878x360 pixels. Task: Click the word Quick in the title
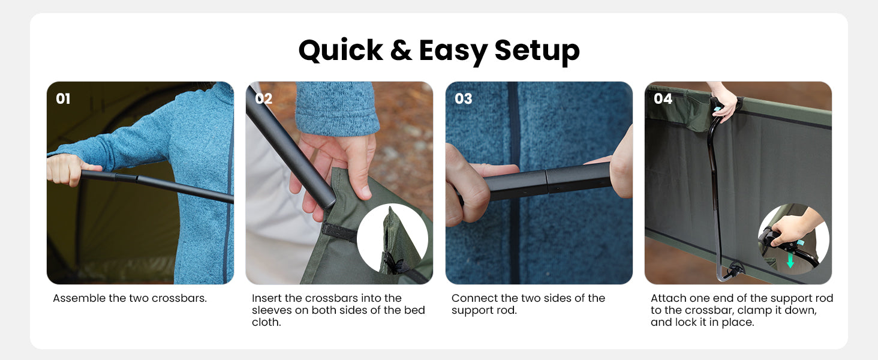point(341,51)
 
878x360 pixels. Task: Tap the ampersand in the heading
point(401,50)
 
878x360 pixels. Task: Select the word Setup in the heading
point(537,52)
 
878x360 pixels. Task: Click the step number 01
point(63,98)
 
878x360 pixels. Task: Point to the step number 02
point(263,98)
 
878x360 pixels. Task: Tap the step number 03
point(464,98)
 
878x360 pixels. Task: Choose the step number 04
point(663,98)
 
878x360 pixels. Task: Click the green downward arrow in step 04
point(790,260)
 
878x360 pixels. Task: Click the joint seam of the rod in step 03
point(546,182)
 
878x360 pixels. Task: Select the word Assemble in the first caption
point(80,298)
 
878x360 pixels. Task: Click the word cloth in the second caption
point(265,322)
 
